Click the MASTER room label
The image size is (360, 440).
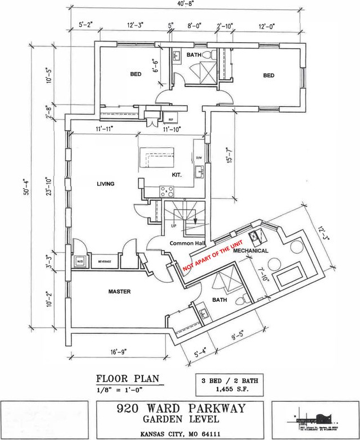(119, 292)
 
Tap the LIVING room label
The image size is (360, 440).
(106, 184)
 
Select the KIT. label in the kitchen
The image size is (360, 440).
(177, 175)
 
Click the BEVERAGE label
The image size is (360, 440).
(105, 262)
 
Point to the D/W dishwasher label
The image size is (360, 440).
(198, 157)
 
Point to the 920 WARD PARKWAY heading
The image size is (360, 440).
(179, 409)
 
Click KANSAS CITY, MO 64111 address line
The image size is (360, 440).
(179, 433)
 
